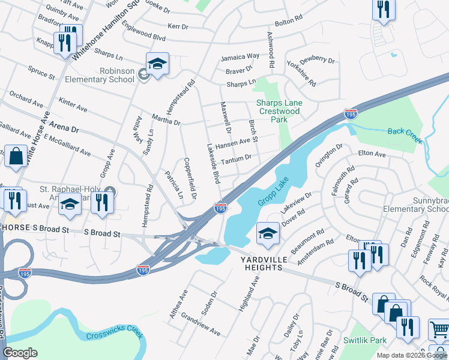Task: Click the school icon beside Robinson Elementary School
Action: click(157, 65)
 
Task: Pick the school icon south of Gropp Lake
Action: click(268, 235)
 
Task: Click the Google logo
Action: click(20, 352)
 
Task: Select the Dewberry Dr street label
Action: click(318, 59)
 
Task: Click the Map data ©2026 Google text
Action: click(411, 355)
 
